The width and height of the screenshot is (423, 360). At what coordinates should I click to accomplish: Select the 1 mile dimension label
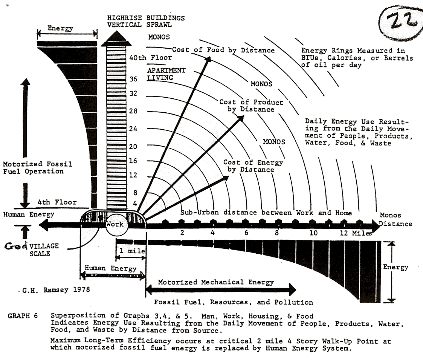[130, 251]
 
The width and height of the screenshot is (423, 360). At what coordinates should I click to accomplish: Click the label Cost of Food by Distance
[223, 50]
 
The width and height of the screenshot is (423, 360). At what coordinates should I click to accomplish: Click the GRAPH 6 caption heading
[23, 316]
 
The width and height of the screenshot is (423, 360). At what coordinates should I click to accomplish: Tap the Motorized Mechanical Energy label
[216, 282]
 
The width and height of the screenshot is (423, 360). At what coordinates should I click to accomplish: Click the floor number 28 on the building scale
[133, 111]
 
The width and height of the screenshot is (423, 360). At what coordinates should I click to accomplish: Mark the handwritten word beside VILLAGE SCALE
[15, 246]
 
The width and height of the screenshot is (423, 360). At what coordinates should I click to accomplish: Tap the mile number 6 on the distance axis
[246, 233]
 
